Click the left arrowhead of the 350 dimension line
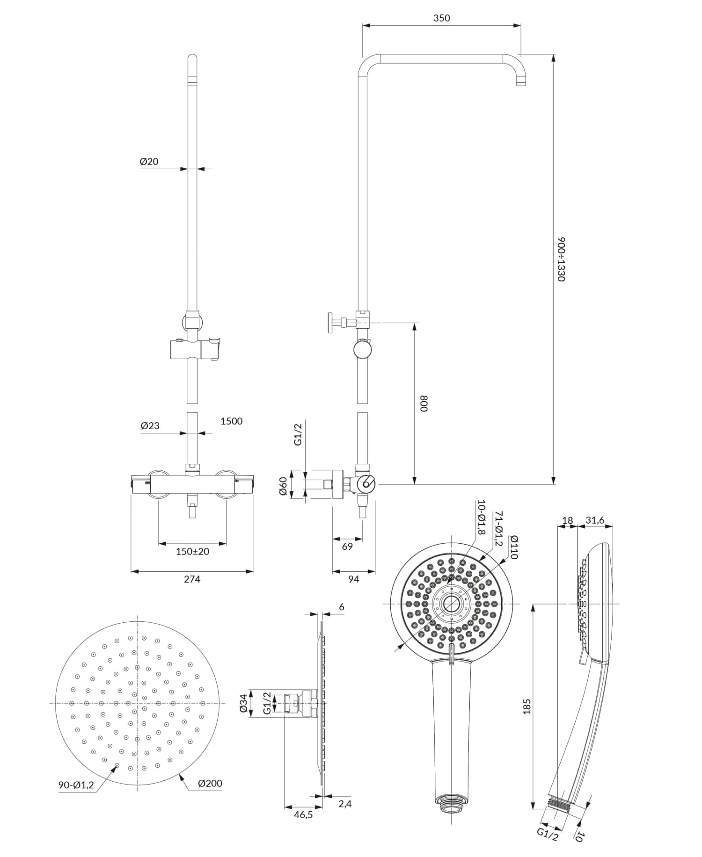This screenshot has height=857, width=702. click(x=366, y=26)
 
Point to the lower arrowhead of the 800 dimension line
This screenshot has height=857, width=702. click(x=414, y=481)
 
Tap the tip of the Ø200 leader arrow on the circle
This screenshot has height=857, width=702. click(x=181, y=775)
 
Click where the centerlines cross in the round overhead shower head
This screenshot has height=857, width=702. click(x=137, y=703)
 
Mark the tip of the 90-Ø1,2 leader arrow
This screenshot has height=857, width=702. click(x=117, y=765)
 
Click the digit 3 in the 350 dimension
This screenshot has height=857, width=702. click(x=436, y=18)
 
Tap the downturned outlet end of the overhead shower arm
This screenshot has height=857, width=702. click(x=521, y=82)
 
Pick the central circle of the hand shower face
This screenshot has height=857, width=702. click(x=451, y=604)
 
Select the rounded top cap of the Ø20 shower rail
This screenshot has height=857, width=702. click(x=192, y=59)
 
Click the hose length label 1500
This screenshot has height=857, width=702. click(x=232, y=421)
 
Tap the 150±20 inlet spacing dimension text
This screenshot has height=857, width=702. click(x=192, y=551)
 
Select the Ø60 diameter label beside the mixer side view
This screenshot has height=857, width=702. click(x=283, y=486)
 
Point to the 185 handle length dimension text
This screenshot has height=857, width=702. click(x=527, y=707)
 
